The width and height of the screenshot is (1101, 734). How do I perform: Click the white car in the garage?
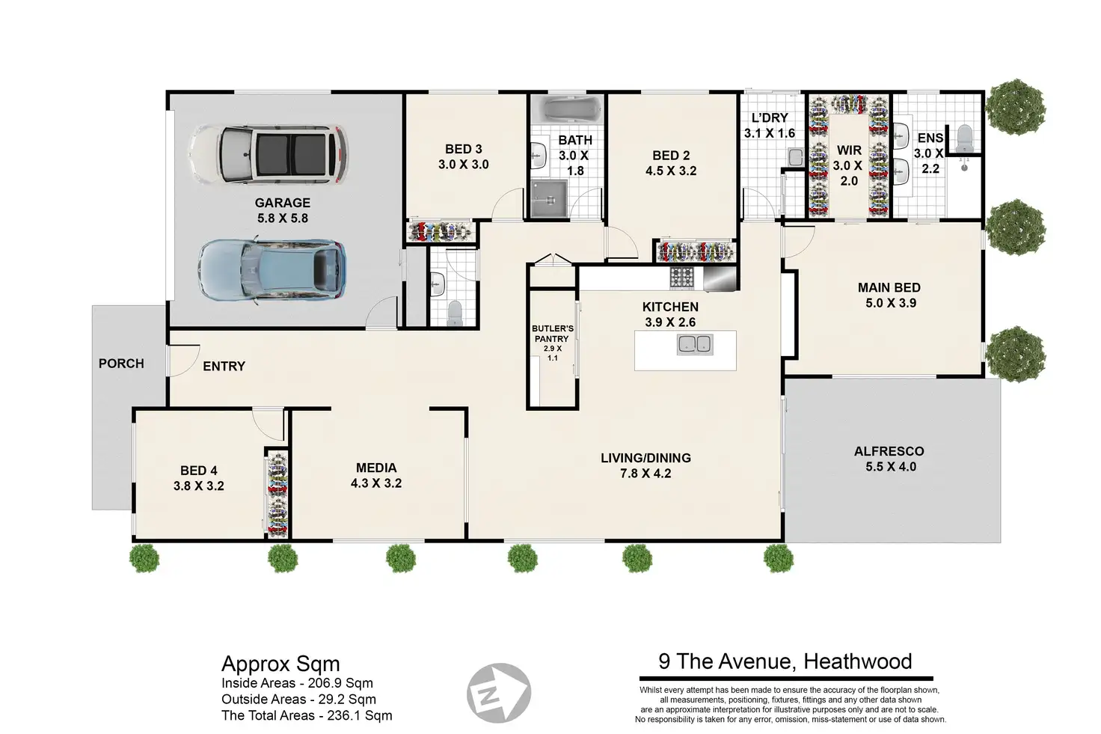click(x=269, y=154)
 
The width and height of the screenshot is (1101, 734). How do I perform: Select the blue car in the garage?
click(x=272, y=270)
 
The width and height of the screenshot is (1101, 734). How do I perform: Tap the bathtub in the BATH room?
click(x=567, y=108)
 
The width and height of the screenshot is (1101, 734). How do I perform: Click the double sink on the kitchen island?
click(x=695, y=344)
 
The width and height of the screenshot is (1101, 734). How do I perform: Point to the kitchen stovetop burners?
click(x=681, y=278)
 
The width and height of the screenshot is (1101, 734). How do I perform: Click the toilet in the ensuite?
click(x=964, y=138)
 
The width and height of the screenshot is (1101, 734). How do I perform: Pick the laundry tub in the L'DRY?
click(x=794, y=157)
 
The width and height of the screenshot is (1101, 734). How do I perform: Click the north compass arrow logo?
click(x=498, y=692)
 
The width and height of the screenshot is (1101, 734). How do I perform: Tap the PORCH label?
click(x=121, y=364)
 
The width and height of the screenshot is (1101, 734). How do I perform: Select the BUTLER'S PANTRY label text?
click(x=553, y=333)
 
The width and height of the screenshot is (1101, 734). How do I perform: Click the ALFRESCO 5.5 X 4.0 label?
click(x=890, y=459)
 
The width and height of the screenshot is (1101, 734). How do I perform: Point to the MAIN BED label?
click(x=889, y=287)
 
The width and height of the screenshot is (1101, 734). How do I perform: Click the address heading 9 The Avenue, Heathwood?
click(x=785, y=661)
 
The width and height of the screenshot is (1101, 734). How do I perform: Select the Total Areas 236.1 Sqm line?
click(x=307, y=715)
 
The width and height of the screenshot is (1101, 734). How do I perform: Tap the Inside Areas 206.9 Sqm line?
click(x=297, y=683)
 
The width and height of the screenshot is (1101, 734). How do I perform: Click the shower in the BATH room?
click(x=548, y=198)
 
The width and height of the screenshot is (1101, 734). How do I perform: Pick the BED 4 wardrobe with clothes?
click(x=277, y=493)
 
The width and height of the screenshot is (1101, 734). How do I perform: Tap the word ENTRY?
click(x=224, y=367)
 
